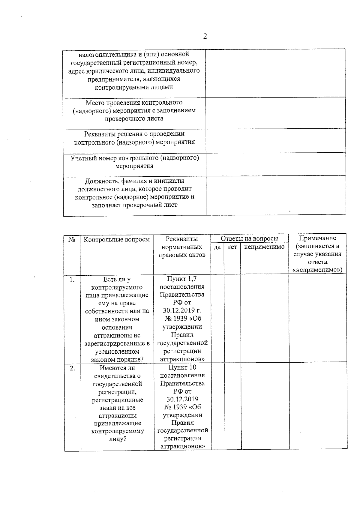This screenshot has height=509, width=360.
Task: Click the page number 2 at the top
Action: click(205, 37)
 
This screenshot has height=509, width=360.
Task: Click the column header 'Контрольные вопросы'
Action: click(116, 239)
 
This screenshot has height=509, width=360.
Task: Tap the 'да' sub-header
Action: click(217, 247)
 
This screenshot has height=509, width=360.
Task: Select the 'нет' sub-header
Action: click(232, 247)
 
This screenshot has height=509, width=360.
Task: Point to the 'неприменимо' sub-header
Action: click(264, 247)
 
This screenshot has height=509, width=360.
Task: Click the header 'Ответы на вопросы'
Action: click(249, 238)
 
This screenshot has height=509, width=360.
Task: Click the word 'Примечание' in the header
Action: click(317, 238)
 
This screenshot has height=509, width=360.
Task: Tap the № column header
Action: click(72, 240)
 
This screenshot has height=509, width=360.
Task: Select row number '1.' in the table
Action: click(72, 280)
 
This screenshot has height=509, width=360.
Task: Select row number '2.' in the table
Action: click(72, 368)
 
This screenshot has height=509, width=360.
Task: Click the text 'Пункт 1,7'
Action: click(182, 279)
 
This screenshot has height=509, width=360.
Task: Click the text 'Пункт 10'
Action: click(182, 367)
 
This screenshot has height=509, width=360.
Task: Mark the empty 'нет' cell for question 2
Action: click(232, 406)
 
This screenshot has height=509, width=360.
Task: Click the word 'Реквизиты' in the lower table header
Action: click(182, 239)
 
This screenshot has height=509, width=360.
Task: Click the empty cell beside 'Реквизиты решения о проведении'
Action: click(275, 141)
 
